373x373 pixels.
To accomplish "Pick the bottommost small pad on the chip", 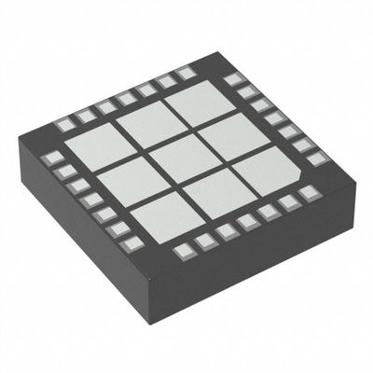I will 183,250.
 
